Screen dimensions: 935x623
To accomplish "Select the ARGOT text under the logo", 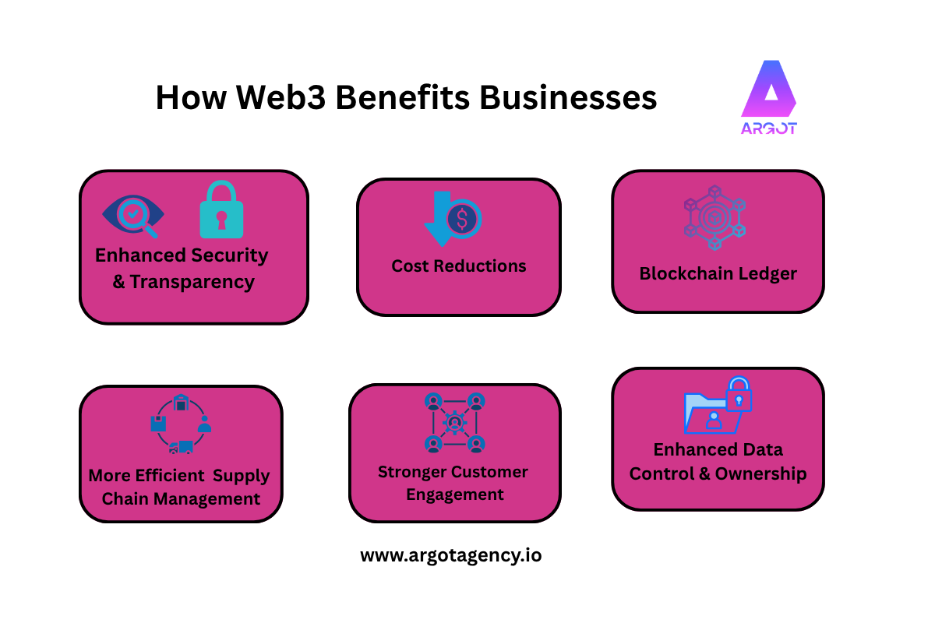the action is click(768, 128).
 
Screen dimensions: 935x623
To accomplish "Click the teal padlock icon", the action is click(221, 210).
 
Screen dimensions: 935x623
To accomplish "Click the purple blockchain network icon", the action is click(714, 218).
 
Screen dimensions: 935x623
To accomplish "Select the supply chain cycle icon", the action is click(181, 424).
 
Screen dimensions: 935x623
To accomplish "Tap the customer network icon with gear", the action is click(455, 423).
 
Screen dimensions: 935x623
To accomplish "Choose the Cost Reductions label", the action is click(459, 266).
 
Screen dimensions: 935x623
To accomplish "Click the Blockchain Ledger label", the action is click(718, 274).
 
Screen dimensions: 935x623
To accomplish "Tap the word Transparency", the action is click(192, 282).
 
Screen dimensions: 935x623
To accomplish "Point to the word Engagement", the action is click(455, 495).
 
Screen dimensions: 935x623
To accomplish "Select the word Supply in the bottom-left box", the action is click(242, 476).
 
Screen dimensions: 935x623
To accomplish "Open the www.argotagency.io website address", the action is click(450, 556).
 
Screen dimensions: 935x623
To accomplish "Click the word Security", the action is click(229, 255).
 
